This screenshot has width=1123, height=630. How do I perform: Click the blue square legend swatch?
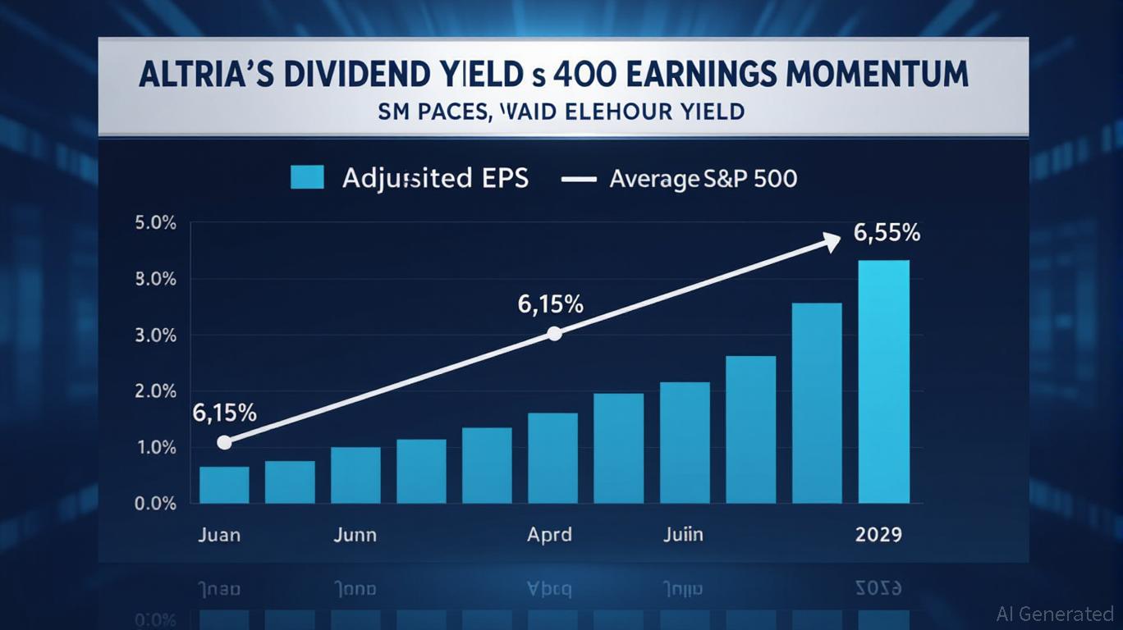click(307, 177)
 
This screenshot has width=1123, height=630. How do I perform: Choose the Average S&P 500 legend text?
click(703, 178)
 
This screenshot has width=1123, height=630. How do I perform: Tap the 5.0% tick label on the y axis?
click(154, 224)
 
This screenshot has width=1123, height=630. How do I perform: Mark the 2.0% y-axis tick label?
click(154, 391)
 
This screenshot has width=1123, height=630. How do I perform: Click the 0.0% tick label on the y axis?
click(154, 504)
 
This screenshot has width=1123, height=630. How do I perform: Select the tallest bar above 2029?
click(883, 381)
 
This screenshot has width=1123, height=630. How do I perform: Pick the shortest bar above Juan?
click(224, 485)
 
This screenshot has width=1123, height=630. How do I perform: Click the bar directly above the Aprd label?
click(552, 458)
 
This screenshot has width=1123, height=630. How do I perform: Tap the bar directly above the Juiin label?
click(685, 443)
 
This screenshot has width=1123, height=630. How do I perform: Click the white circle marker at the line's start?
click(224, 442)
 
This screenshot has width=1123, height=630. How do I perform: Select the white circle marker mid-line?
click(554, 333)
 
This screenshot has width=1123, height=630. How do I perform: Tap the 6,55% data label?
click(887, 233)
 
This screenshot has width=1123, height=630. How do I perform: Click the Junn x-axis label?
click(355, 535)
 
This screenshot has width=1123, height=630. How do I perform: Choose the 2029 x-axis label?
click(878, 535)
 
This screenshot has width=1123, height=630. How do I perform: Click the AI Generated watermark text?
click(1054, 613)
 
